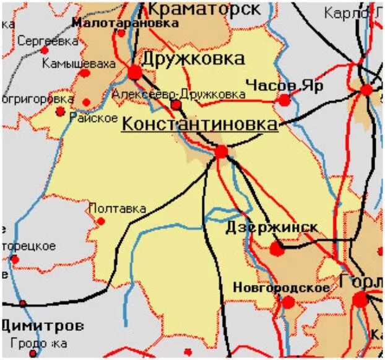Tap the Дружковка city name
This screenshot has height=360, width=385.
tap(193, 59)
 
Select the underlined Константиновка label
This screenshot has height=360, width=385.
tap(199, 124)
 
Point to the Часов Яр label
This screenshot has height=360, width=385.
tap(284, 86)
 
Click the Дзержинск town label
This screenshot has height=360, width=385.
tap(272, 227)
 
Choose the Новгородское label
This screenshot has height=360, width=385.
tap(281, 288)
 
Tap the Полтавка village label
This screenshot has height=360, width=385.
tap(118, 208)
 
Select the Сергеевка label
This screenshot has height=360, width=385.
tap(48, 42)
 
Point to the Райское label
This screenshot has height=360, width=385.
tap(94, 117)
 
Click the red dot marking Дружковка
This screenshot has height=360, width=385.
tap(135, 72)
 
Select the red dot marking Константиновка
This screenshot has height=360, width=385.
tap(222, 151)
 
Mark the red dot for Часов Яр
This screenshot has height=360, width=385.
tap(284, 100)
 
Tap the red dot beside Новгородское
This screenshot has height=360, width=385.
tap(288, 302)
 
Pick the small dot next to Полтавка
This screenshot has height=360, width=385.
tap(102, 221)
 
